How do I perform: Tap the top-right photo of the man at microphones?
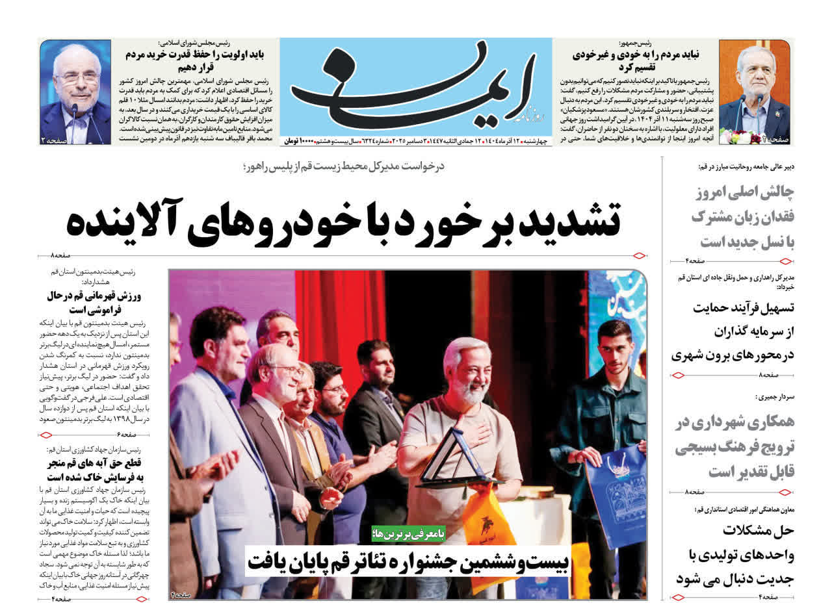[754, 92]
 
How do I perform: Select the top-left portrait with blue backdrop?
[75, 92]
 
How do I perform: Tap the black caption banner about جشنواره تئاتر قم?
[409, 560]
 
